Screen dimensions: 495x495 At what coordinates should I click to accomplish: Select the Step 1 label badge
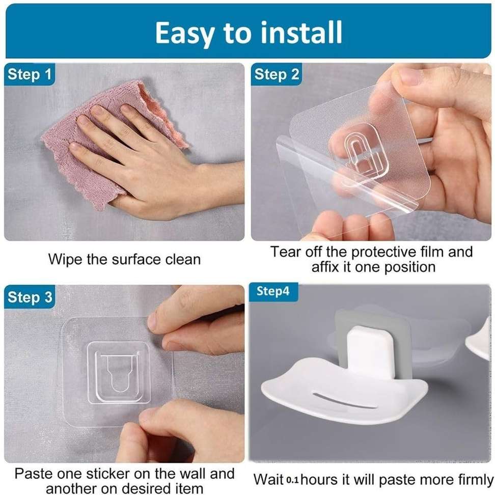pyautogui.click(x=30, y=74)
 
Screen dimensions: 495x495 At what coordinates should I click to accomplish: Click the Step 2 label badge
pyautogui.click(x=277, y=74)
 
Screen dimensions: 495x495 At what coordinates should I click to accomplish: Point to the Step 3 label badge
pyautogui.click(x=30, y=297)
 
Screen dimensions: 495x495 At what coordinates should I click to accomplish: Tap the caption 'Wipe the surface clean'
pyautogui.click(x=124, y=259)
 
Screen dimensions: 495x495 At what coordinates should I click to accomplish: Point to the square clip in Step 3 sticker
pyautogui.click(x=118, y=372)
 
